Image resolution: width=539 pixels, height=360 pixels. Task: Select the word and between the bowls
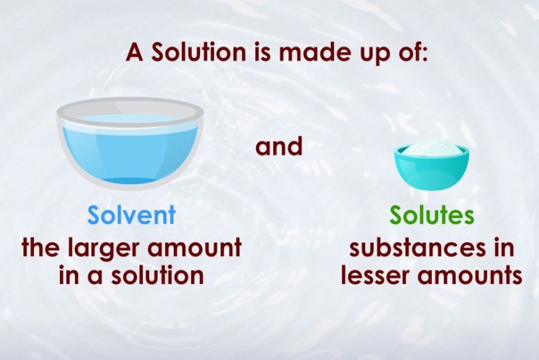tap(279, 146)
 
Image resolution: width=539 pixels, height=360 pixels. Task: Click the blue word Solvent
tap(131, 215)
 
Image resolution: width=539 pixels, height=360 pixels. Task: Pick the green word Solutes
tap(432, 215)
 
